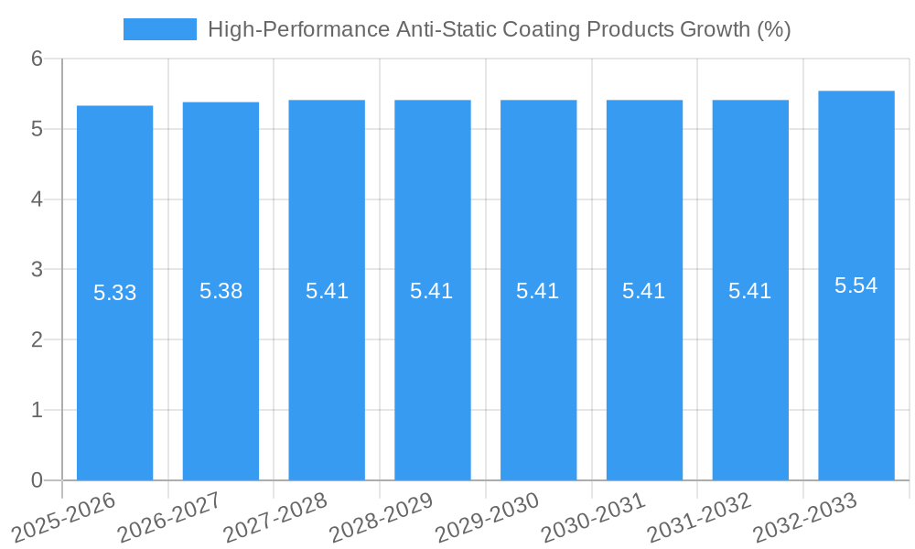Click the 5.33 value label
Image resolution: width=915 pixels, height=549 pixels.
point(114,293)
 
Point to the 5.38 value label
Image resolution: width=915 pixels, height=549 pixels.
point(221,291)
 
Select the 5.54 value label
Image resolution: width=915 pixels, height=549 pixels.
point(856,285)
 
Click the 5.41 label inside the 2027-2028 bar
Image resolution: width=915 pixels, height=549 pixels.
point(327,291)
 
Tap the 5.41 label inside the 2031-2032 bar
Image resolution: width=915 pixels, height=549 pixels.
point(750,291)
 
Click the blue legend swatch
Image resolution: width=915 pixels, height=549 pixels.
point(160,29)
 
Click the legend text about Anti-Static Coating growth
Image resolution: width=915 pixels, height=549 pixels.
point(499,29)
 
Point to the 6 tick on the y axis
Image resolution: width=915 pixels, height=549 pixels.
point(37,59)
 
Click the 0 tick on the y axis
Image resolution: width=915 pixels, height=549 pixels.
point(37,480)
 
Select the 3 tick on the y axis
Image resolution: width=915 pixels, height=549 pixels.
point(37,270)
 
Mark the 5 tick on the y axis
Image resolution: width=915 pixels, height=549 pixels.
point(37,129)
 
